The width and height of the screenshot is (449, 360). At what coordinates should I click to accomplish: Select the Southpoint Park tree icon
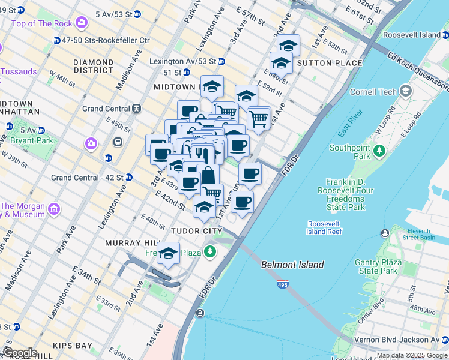tap(379, 151)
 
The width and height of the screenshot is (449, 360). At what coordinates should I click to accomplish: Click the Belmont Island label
tap(292, 265)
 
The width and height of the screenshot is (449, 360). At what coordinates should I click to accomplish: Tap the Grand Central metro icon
tap(137, 109)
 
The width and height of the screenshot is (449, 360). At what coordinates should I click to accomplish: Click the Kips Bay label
tap(72, 346)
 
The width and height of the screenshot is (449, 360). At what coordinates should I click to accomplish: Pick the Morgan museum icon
tap(54, 209)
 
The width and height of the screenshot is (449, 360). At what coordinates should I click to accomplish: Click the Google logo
tap(19, 353)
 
